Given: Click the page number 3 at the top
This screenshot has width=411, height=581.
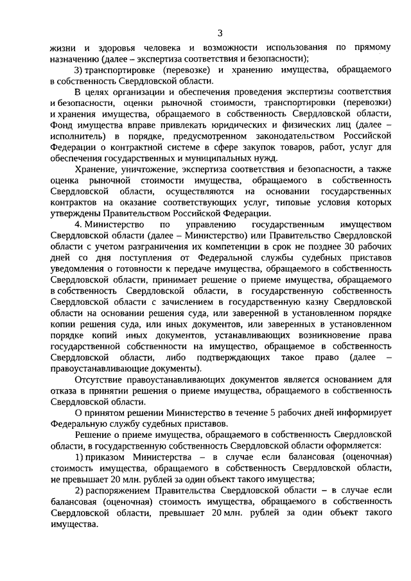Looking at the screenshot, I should point(220,33).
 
